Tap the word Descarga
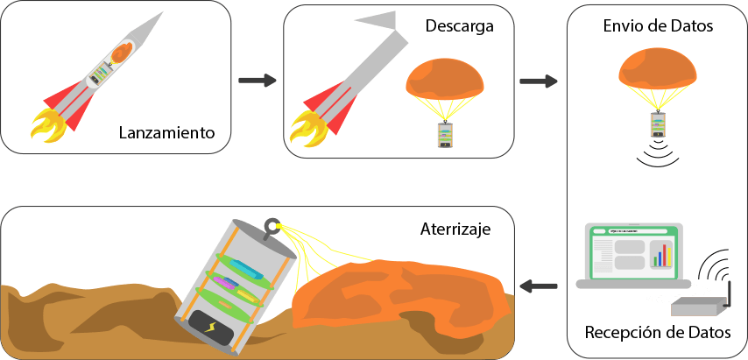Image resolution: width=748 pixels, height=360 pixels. click(460, 26)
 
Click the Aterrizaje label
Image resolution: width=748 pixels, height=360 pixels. click(455, 229)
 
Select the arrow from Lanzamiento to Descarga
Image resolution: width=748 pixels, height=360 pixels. click(257, 81)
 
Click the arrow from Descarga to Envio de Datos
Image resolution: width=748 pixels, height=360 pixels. click(539, 81)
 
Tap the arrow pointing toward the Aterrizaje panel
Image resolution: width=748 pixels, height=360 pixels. click(539, 285)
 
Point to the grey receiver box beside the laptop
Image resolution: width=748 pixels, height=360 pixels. click(699, 306)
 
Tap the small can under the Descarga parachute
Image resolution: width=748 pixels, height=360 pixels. click(446, 135)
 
